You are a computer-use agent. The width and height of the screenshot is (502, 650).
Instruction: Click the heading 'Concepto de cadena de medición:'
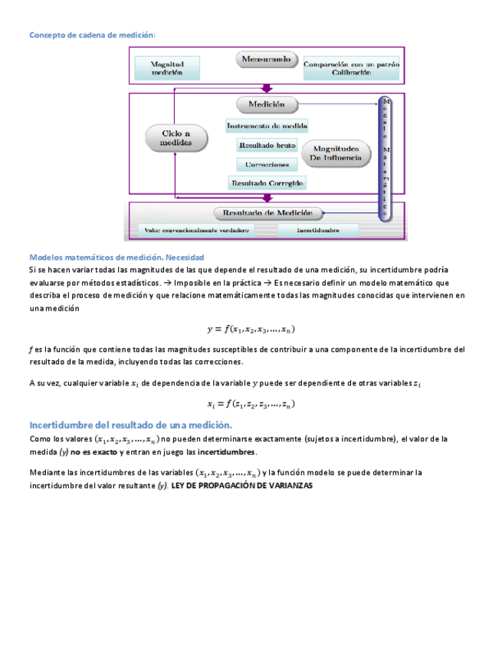click(x=92, y=35)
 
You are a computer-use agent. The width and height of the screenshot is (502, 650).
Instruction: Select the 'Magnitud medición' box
click(x=166, y=68)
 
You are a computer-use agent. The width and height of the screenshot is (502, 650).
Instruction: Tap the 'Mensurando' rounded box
click(x=266, y=59)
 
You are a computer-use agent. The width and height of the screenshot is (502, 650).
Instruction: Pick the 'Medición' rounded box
click(x=266, y=104)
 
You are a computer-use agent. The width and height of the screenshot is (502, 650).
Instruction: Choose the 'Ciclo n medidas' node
click(x=176, y=138)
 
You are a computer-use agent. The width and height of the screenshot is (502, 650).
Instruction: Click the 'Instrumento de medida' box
click(x=267, y=126)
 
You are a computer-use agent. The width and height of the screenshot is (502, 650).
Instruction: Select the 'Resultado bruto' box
click(x=267, y=145)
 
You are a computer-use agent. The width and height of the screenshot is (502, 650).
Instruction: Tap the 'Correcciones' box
click(x=267, y=164)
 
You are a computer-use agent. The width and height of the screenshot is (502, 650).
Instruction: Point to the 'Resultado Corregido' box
click(x=267, y=183)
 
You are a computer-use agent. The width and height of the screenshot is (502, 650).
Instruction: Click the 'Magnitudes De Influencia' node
click(x=335, y=153)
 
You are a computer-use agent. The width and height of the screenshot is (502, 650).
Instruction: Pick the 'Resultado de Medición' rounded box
click(x=267, y=213)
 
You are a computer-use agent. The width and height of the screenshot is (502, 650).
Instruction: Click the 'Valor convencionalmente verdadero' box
click(x=196, y=229)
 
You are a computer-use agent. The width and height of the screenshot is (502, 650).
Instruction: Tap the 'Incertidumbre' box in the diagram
click(x=317, y=229)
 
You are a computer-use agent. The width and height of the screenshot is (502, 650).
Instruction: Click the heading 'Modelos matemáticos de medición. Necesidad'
click(x=116, y=258)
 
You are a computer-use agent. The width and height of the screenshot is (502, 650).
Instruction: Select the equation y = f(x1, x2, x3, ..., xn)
click(x=251, y=330)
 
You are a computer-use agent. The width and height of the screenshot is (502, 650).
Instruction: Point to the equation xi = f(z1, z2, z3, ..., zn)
click(x=251, y=404)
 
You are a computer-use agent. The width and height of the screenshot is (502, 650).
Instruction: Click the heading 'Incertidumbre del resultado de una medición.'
click(x=130, y=425)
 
